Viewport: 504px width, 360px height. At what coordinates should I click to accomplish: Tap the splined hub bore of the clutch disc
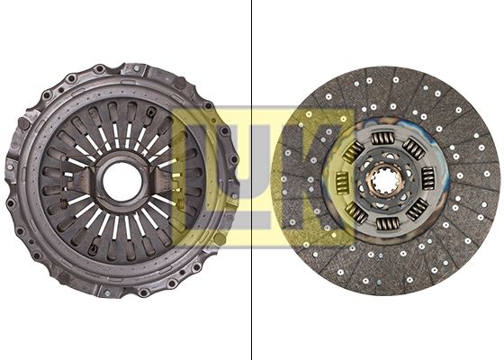pyautogui.click(x=385, y=182)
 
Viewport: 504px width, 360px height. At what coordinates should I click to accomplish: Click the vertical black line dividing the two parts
pyautogui.click(x=251, y=180)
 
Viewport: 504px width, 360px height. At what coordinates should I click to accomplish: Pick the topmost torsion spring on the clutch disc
pyautogui.click(x=382, y=139)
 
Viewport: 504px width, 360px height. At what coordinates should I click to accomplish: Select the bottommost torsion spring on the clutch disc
pyautogui.click(x=388, y=224)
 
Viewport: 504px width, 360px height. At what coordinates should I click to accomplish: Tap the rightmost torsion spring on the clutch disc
pyautogui.click(x=428, y=178)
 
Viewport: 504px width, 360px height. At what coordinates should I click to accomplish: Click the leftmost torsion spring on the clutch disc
pyautogui.click(x=342, y=183)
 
